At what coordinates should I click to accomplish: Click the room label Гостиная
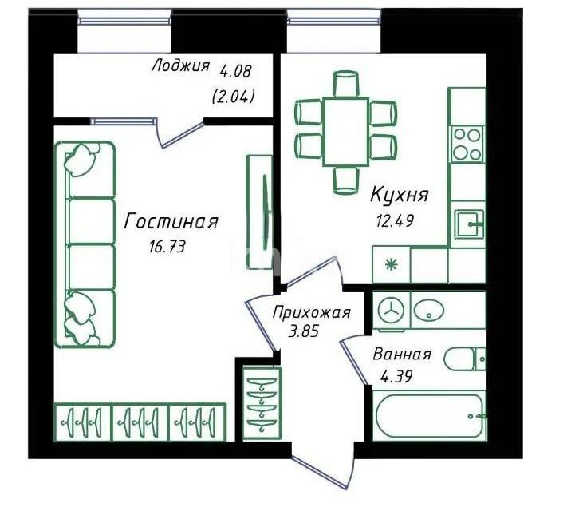point(171,222)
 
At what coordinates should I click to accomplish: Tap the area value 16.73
point(167,247)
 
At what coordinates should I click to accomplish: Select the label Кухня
point(400,194)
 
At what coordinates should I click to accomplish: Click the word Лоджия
point(180,66)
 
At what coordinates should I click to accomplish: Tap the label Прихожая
point(311,312)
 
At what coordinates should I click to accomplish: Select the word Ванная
point(402,355)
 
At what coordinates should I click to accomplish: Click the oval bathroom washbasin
point(431,310)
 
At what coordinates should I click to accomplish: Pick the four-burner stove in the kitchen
point(467,143)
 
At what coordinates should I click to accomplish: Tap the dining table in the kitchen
point(346,132)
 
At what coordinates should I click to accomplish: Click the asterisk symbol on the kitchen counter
point(391,264)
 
